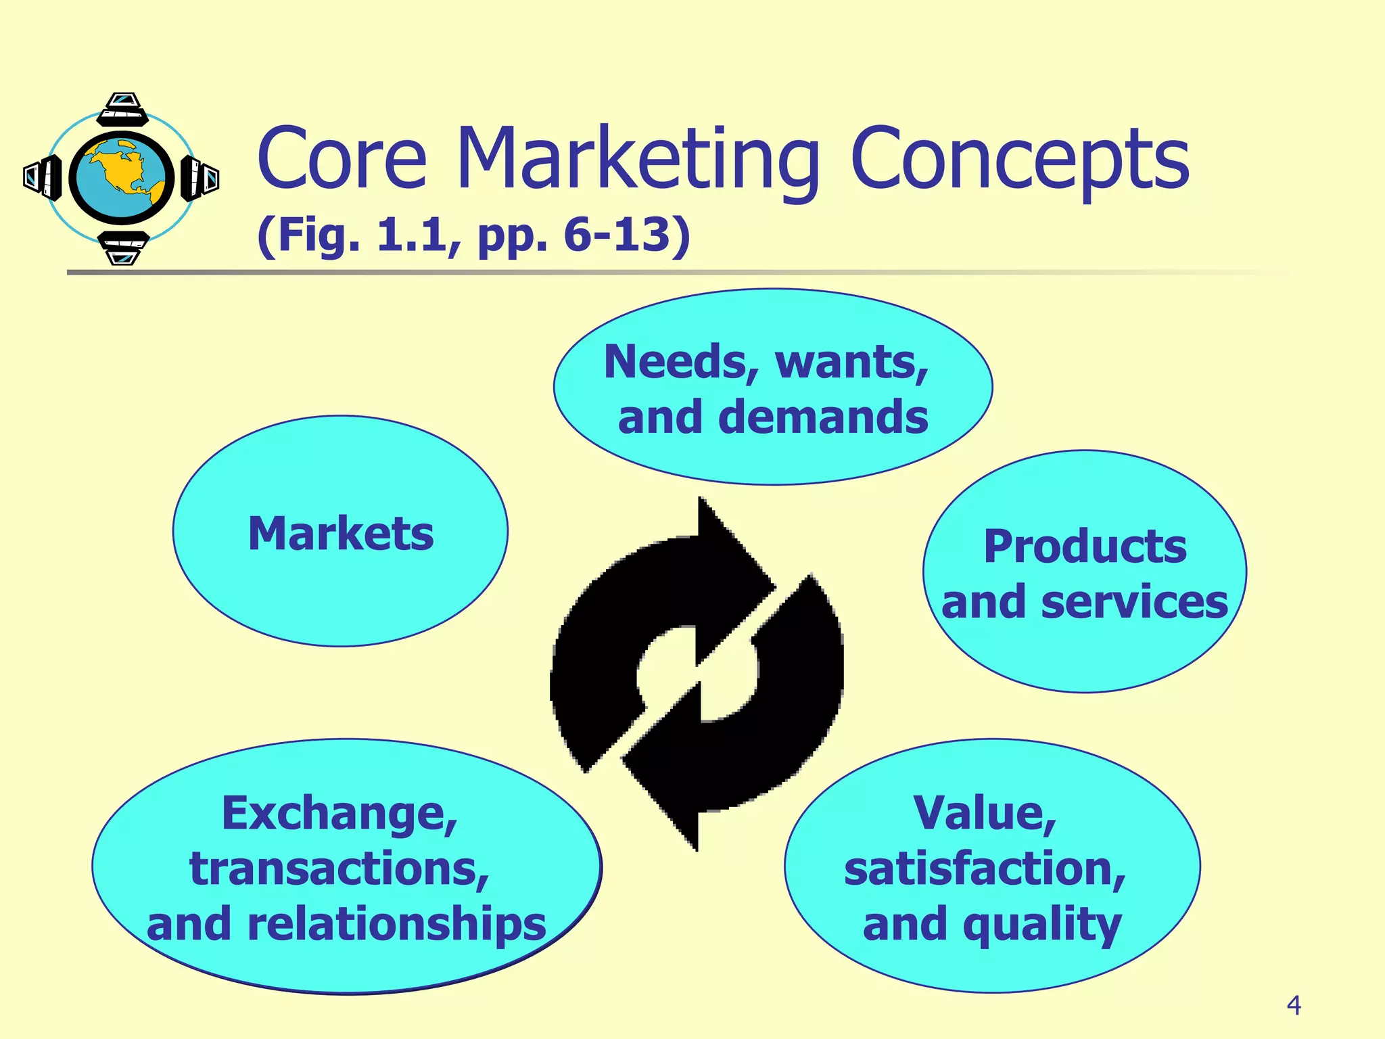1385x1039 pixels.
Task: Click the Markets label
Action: pyautogui.click(x=341, y=534)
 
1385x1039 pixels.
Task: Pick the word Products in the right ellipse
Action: pyautogui.click(x=1085, y=547)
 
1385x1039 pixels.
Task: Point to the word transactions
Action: pyautogui.click(x=339, y=869)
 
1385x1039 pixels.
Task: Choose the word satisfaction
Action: pyautogui.click(x=984, y=869)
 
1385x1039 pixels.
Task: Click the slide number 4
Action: pyautogui.click(x=1294, y=1006)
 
